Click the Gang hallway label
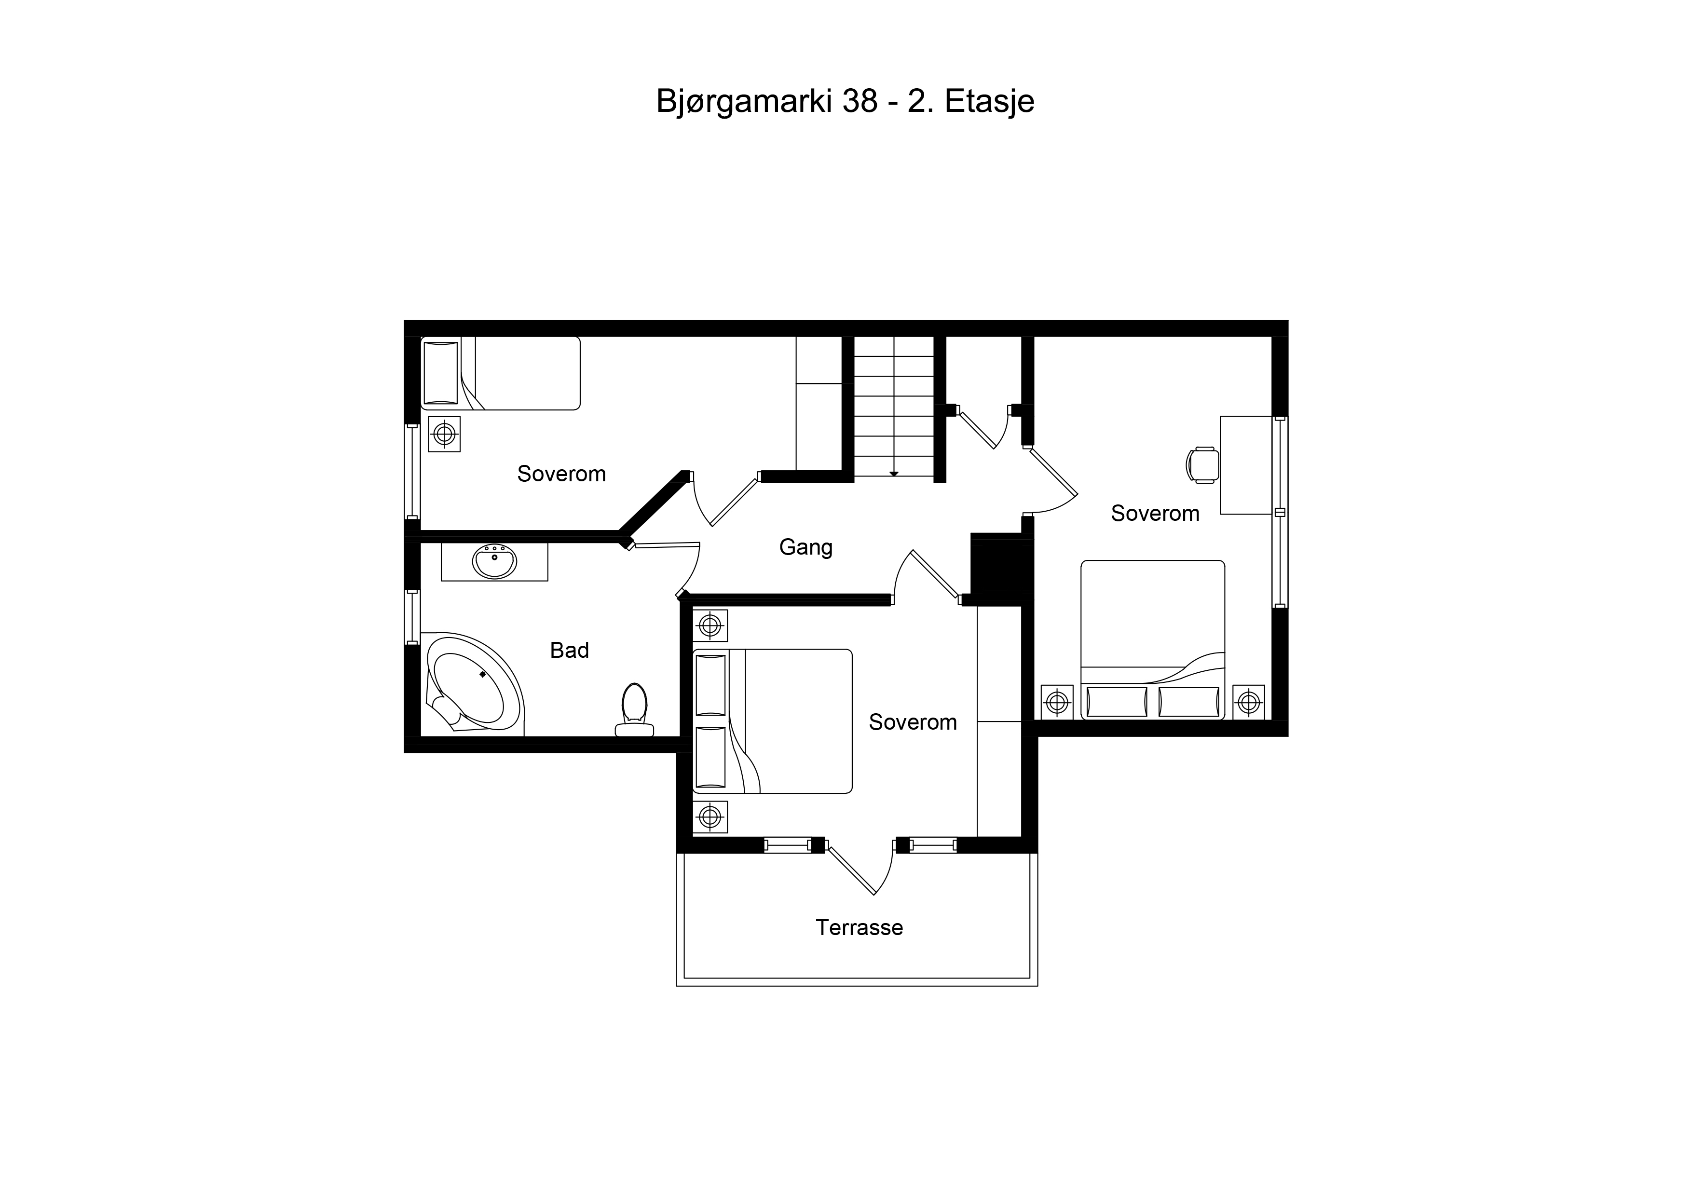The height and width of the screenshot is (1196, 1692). pyautogui.click(x=806, y=547)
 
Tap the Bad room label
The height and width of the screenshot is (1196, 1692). pyautogui.click(x=570, y=650)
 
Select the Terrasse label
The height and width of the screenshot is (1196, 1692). pyautogui.click(x=860, y=927)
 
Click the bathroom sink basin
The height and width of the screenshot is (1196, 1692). pyautogui.click(x=494, y=562)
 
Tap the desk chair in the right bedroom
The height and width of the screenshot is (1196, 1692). pyautogui.click(x=1202, y=465)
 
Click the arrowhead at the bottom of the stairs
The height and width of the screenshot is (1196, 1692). pyautogui.click(x=894, y=474)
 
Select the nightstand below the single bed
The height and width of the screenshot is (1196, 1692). pyautogui.click(x=444, y=434)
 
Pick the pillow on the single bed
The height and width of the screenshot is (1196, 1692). pyautogui.click(x=441, y=373)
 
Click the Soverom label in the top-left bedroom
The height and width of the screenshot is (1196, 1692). pyautogui.click(x=561, y=473)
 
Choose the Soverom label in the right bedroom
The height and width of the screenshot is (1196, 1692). pyautogui.click(x=1155, y=513)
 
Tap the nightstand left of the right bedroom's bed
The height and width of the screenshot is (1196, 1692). pyautogui.click(x=1057, y=702)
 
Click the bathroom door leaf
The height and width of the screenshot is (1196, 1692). pyautogui.click(x=666, y=544)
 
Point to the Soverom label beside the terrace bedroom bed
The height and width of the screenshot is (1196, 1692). pyautogui.click(x=913, y=721)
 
